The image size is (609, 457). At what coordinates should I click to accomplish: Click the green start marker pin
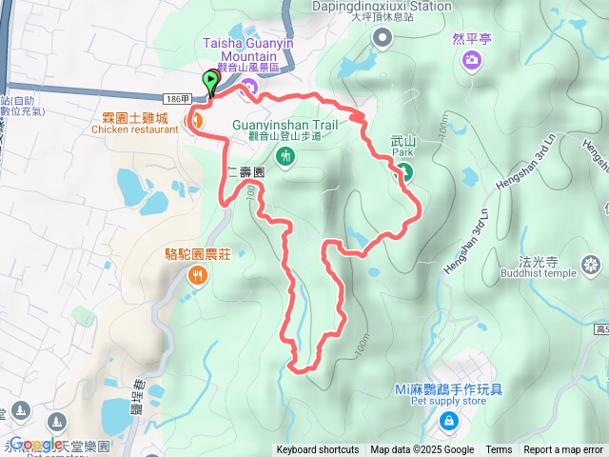(210, 82)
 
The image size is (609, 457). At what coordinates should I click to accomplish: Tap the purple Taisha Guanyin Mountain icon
(249, 89)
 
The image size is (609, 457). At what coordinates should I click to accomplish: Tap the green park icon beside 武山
(403, 172)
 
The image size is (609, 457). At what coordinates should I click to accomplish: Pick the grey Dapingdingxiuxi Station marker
(383, 38)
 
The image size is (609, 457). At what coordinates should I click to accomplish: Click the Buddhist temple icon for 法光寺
(592, 263)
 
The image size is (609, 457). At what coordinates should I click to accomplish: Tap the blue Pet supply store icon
(448, 419)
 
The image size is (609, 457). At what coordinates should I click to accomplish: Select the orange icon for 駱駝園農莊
(197, 276)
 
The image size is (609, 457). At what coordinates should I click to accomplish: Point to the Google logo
(35, 444)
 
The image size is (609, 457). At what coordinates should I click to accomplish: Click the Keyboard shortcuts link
(318, 450)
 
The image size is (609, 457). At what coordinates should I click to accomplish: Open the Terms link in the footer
(499, 450)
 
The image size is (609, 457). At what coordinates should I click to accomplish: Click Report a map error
(563, 450)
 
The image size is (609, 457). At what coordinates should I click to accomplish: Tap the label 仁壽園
(246, 173)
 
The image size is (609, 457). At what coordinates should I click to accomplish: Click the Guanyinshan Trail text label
(286, 124)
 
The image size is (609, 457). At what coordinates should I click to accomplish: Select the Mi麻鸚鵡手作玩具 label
(448, 389)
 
